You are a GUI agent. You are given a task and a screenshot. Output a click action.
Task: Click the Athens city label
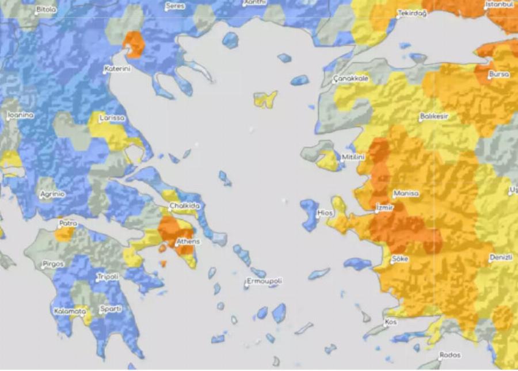click(x=188, y=242)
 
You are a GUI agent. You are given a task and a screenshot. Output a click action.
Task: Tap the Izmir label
click(x=384, y=207)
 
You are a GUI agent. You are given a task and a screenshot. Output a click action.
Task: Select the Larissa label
click(x=112, y=118)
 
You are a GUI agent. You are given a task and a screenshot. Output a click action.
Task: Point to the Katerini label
click(x=117, y=69)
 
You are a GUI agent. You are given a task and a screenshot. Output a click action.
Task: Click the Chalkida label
click(x=184, y=206)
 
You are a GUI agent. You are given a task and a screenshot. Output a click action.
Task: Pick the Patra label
click(x=68, y=223)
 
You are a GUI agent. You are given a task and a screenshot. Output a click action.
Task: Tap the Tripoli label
click(x=108, y=277)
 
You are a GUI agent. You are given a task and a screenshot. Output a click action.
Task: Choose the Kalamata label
click(x=70, y=311)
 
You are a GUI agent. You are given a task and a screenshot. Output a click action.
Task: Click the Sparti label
click(x=111, y=309)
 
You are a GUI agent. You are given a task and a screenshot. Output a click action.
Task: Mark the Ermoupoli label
click(x=264, y=281)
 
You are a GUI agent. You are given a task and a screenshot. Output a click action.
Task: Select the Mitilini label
click(x=353, y=156)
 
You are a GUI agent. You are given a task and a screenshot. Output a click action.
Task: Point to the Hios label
click(x=326, y=213)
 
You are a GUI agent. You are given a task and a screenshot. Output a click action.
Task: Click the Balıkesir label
click(x=434, y=116)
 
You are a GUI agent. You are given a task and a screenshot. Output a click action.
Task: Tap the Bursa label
click(x=499, y=74)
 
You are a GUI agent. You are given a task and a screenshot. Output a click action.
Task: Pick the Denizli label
click(x=501, y=257)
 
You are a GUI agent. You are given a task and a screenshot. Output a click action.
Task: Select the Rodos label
click(x=450, y=355)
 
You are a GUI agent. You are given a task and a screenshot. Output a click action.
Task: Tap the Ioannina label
click(x=21, y=115)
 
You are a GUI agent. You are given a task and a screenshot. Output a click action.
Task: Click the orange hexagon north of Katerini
click(x=134, y=44)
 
